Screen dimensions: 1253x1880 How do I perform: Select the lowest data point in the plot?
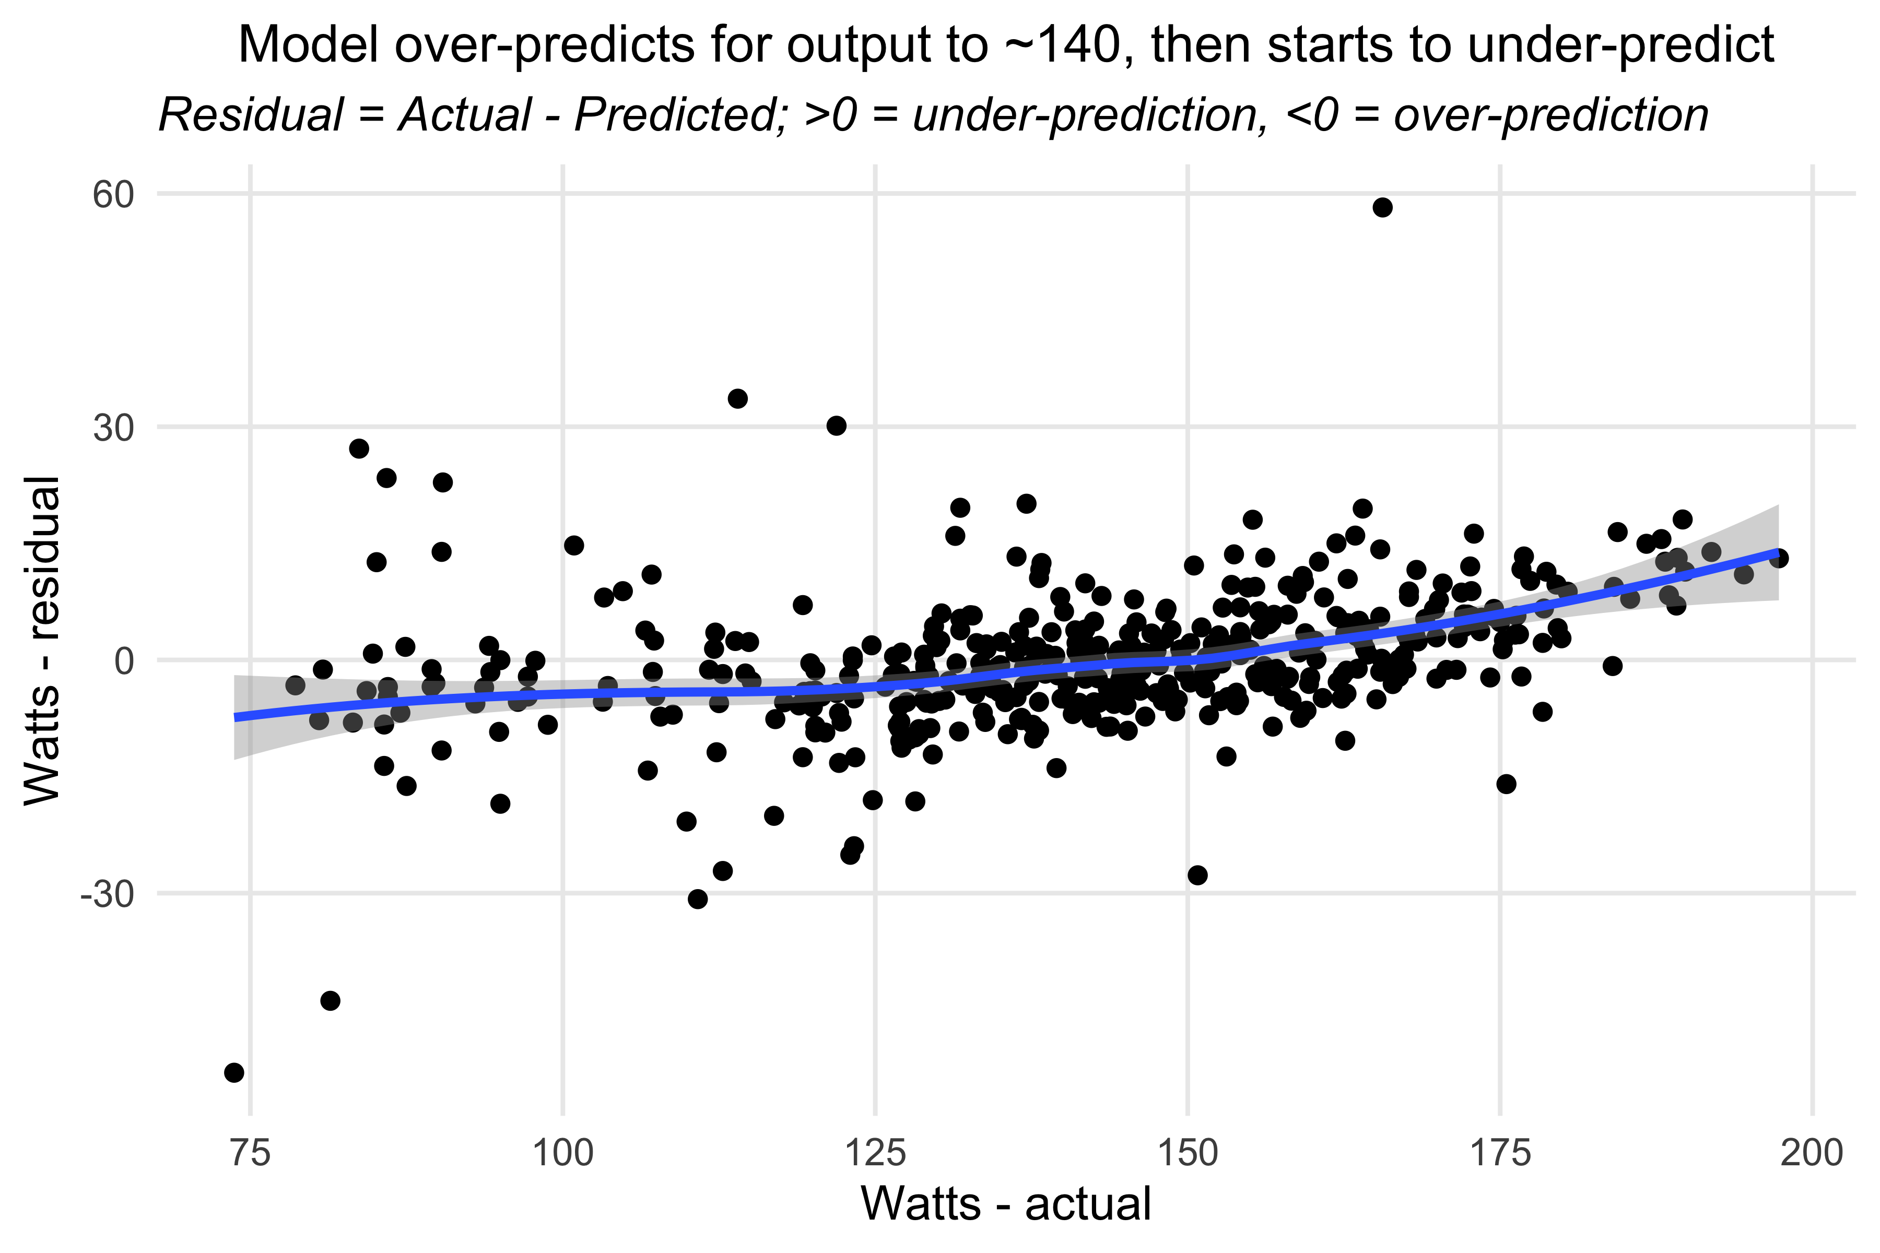(x=234, y=1072)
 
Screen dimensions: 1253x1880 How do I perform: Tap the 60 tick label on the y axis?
(x=112, y=194)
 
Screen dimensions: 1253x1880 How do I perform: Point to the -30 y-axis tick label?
(x=107, y=895)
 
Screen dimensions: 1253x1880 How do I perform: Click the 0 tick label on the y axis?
(x=123, y=661)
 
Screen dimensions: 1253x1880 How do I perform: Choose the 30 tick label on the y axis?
(x=112, y=428)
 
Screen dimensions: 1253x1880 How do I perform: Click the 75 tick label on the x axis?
(x=250, y=1154)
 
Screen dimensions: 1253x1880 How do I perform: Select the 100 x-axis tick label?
(x=563, y=1154)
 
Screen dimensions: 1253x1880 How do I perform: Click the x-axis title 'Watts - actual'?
(x=1006, y=1203)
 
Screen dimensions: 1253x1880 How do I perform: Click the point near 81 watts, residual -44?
(x=330, y=1000)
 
